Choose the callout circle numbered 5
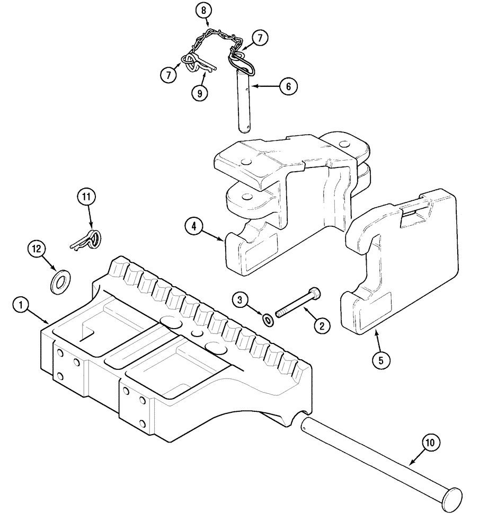pyautogui.click(x=380, y=359)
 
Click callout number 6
pyautogui.click(x=288, y=86)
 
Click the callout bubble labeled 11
pyautogui.click(x=86, y=198)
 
